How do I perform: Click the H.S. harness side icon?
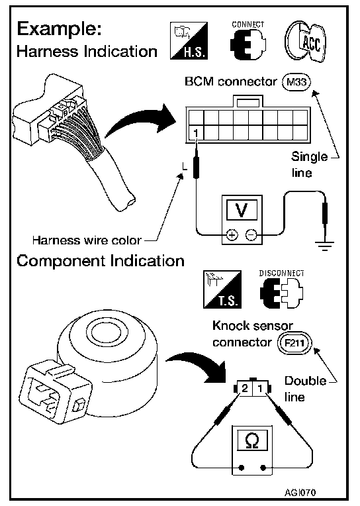tap(189, 40)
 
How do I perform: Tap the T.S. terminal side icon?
tap(222, 289)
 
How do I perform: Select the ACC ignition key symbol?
tap(305, 41)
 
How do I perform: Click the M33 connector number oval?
tap(296, 82)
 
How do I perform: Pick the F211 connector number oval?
tap(295, 342)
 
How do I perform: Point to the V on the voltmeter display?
tap(242, 210)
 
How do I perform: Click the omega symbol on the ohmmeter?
tap(252, 440)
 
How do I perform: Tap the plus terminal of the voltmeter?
tap(232, 235)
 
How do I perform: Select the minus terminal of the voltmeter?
tap(251, 235)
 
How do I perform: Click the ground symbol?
tap(325, 246)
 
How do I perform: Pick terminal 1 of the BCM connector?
tap(196, 132)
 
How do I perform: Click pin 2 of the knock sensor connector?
tap(244, 388)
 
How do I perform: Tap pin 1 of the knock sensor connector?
tap(260, 388)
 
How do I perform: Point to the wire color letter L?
tap(185, 166)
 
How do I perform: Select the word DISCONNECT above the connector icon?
tap(282, 274)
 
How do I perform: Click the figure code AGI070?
tap(300, 493)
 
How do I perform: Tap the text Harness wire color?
tap(87, 240)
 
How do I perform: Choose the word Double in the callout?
tap(306, 381)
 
